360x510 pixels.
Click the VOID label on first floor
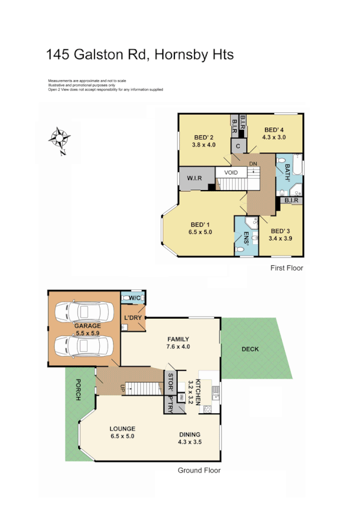(231, 173)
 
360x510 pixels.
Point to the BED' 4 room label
(273, 130)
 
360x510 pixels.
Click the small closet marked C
(239, 146)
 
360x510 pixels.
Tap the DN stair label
(253, 164)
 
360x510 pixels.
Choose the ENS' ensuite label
(246, 239)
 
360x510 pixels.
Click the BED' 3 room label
(281, 231)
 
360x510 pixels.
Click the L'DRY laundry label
(133, 318)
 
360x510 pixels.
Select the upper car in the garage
(83, 312)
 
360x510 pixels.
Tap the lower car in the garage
(83, 347)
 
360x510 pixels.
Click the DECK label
(250, 349)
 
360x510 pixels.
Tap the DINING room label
(190, 435)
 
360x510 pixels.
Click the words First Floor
(287, 268)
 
